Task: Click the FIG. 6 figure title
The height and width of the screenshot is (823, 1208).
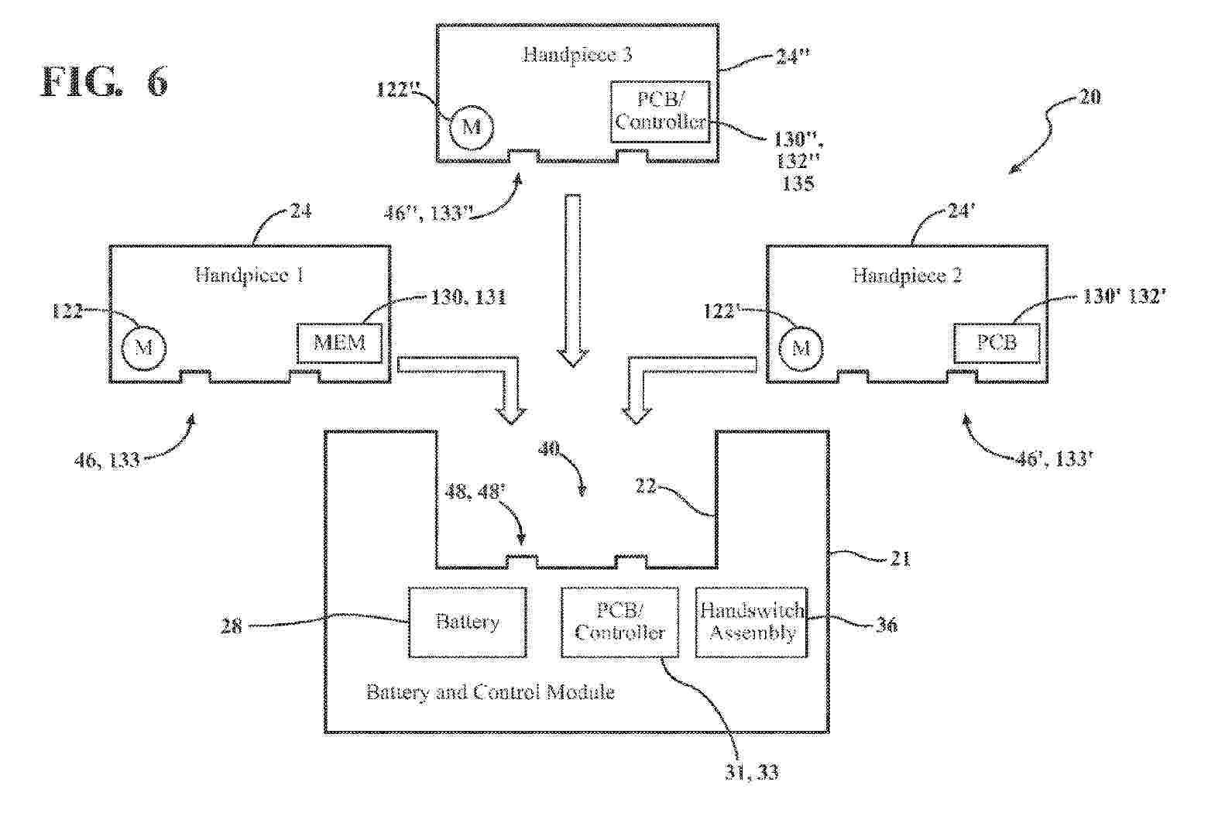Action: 104,82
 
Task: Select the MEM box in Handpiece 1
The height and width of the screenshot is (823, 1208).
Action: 340,343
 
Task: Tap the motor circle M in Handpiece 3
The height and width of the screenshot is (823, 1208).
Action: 472,127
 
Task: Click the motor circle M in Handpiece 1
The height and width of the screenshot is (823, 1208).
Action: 143,348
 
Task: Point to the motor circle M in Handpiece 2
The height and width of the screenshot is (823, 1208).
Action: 801,348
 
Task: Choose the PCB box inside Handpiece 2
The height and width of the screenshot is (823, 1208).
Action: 997,343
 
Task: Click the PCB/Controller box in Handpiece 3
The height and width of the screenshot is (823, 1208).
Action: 660,111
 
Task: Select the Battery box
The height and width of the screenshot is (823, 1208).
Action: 467,622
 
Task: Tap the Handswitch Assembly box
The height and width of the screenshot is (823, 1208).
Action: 752,622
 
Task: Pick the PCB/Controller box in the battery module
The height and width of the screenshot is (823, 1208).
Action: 619,622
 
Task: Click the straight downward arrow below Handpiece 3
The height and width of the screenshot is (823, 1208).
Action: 573,280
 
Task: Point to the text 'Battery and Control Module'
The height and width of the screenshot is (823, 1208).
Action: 490,692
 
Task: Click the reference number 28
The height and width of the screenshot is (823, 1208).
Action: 232,626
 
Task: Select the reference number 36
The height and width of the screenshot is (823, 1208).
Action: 886,625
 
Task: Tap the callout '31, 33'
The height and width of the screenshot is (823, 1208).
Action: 752,773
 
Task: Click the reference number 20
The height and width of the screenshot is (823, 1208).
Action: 1089,97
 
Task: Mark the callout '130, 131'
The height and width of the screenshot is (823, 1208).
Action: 468,297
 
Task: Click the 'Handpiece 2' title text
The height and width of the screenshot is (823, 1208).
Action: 907,276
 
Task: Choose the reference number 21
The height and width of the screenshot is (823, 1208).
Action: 901,559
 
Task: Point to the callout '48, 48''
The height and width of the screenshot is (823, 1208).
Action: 475,492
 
